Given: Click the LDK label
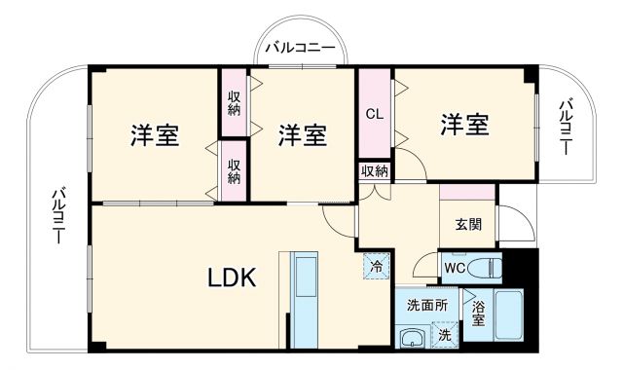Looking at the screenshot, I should pyautogui.click(x=231, y=278).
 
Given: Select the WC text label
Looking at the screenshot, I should pyautogui.click(x=454, y=267).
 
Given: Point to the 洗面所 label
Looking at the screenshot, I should pyautogui.click(x=427, y=305).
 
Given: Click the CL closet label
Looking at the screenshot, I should pyautogui.click(x=374, y=113).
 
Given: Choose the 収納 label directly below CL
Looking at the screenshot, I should pyautogui.click(x=375, y=171).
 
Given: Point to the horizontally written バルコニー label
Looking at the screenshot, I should pyautogui.click(x=301, y=47).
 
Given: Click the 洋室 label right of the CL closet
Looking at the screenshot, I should pyautogui.click(x=463, y=124).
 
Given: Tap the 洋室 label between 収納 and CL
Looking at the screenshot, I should pyautogui.click(x=301, y=134).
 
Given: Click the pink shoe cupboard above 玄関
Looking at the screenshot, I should pyautogui.click(x=467, y=192).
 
